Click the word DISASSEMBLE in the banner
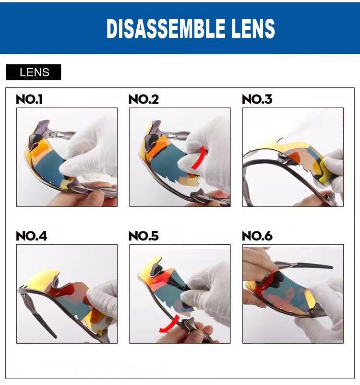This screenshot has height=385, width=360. tap(166, 28)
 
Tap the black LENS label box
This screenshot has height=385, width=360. tap(34, 72)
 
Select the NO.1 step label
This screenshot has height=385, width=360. tap(29, 99)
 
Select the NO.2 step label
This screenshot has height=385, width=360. tap(144, 99)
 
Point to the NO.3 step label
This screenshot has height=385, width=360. tap(257, 99)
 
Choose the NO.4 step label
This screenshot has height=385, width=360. tap(31, 236)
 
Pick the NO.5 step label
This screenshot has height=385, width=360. tap(144, 236)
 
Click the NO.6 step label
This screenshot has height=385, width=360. tap(257, 236)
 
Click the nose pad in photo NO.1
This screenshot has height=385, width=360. tap(33, 142)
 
